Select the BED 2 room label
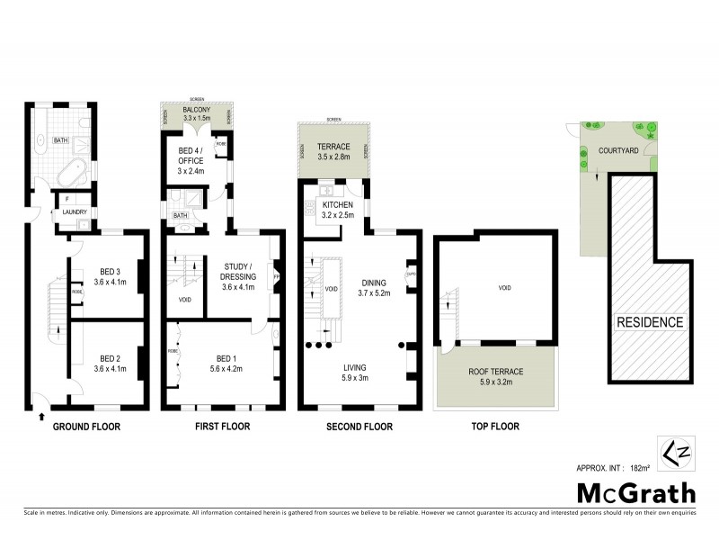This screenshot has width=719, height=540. point(111,362)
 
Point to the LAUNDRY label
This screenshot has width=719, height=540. point(73,212)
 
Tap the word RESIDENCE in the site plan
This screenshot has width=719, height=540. point(650,321)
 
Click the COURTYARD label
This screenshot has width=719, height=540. point(618,151)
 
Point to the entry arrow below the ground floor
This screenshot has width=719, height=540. point(42,417)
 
